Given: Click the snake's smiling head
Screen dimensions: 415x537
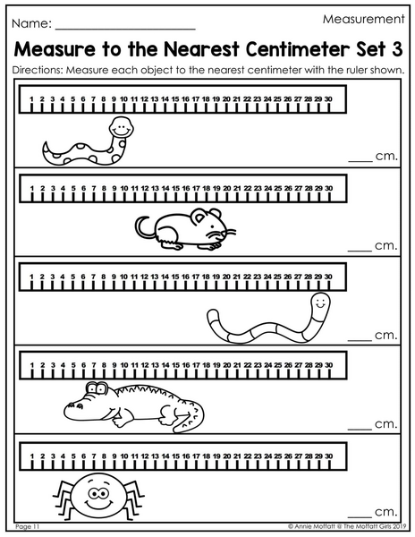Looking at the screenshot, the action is (x=121, y=127).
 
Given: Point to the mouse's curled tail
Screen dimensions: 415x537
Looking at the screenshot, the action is (x=145, y=226).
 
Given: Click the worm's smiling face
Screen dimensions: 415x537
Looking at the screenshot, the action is (x=320, y=303).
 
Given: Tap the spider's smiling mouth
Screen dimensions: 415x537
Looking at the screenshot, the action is (x=99, y=505).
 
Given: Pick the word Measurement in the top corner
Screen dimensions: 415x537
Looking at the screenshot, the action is (x=363, y=19).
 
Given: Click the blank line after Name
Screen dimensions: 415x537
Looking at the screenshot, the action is (x=125, y=30).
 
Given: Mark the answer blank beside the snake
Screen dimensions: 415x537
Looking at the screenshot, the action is (x=360, y=161).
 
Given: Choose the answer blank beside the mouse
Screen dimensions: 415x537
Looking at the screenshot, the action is (x=360, y=251).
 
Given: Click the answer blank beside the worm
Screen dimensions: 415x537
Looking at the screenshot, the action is (x=360, y=340).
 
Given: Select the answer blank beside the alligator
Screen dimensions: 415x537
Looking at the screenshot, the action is (x=360, y=429).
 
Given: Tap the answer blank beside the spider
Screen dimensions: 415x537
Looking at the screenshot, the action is (x=360, y=516).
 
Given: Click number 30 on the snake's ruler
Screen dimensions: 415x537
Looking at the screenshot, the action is (x=328, y=99).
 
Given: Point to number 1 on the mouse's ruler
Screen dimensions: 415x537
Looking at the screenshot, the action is (x=32, y=188).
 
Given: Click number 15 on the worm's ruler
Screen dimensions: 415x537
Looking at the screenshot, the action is (x=175, y=277).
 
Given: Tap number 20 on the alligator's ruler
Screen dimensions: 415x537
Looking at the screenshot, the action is (x=227, y=365).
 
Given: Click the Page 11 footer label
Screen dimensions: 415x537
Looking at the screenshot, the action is (x=28, y=527).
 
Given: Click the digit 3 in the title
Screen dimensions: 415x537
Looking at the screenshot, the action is (x=396, y=49).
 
